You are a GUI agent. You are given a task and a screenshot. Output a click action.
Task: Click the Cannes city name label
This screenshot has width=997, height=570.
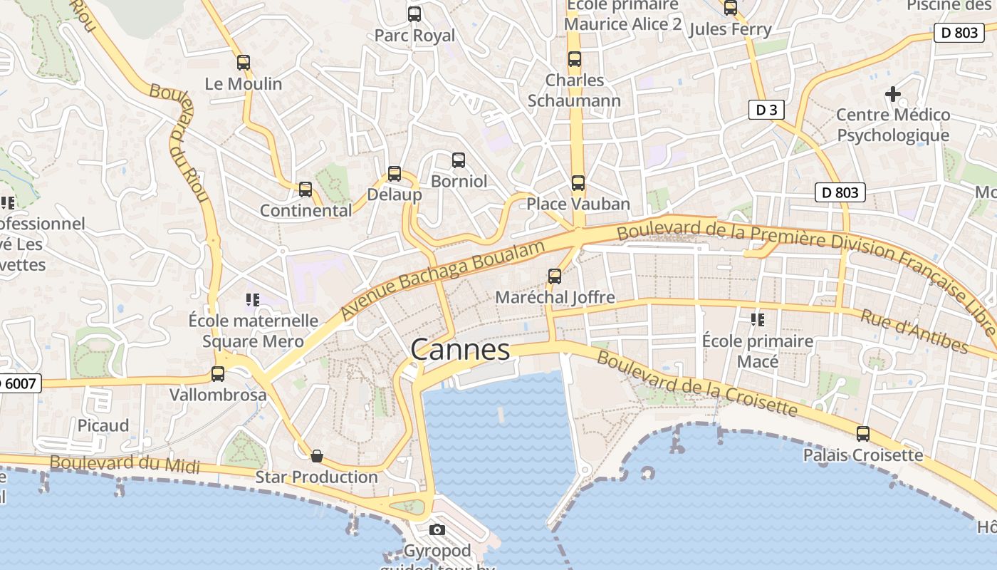pos(460,350)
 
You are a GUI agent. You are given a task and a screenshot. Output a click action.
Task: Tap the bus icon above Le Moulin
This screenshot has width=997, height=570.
pos(244,63)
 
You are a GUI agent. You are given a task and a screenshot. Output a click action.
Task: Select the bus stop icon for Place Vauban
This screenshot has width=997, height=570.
pos(578,183)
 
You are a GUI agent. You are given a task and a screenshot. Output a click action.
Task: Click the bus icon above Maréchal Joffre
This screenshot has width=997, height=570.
pos(555,276)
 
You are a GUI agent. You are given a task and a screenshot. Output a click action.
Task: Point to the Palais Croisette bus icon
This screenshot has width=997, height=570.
pos(862,434)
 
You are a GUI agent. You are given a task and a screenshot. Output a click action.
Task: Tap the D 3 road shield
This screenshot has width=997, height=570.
pos(766,110)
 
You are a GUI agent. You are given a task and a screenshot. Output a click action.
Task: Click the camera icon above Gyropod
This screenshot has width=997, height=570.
pos(437,529)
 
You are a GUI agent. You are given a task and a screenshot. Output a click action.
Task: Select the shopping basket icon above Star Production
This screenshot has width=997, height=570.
pos(317,456)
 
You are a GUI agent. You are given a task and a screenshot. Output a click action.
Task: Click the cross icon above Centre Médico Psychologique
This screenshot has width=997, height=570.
pos(892,94)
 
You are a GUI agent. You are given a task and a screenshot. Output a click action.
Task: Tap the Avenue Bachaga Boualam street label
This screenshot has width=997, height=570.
pos(443,280)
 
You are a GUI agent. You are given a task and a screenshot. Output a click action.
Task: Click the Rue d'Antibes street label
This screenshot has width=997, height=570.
pos(914,331)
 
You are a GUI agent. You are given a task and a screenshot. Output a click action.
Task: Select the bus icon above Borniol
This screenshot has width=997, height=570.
pos(459,160)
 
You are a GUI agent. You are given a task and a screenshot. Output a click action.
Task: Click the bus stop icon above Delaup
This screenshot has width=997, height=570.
pos(394,174)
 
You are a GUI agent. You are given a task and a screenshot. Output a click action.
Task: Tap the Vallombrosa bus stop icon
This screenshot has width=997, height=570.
pos(218,374)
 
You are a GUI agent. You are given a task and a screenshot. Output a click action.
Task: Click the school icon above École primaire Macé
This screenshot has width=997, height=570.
pos(757,320)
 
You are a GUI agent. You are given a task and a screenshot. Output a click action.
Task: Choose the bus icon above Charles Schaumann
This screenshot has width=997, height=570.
pos(574,60)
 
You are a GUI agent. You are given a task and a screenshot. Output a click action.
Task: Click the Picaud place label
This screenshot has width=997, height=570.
pos(103,425)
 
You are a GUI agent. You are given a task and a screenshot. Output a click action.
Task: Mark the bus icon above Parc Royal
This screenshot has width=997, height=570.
pos(414,14)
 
